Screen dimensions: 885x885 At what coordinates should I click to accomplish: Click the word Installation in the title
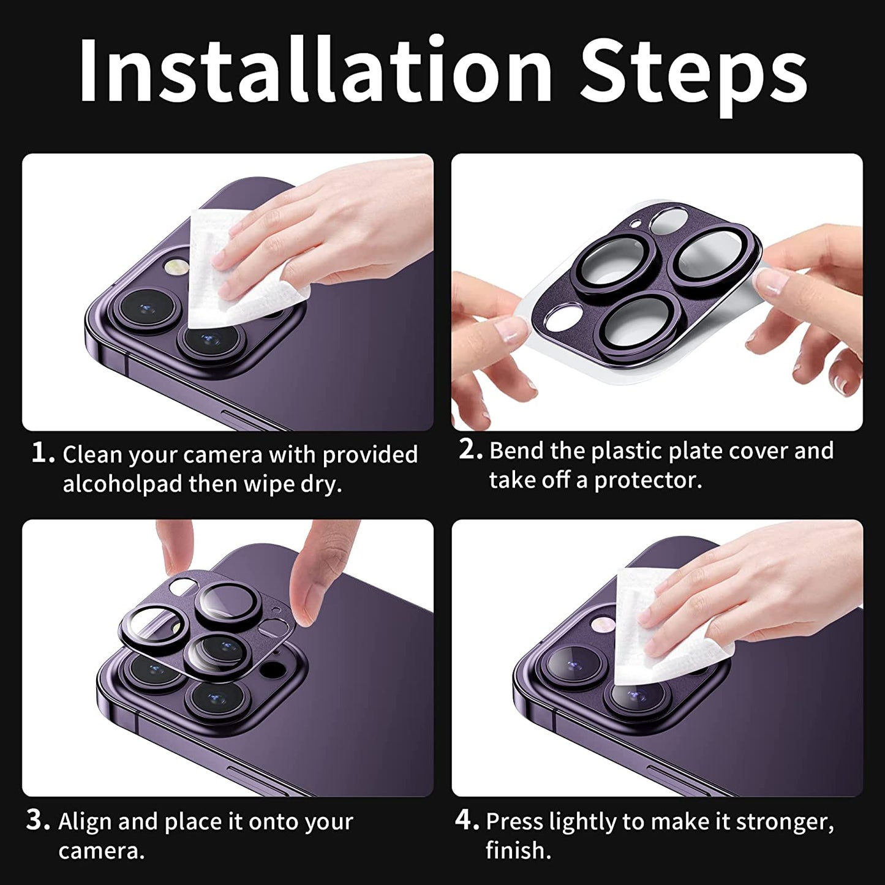(315, 70)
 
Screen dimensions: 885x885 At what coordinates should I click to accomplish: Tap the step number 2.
(470, 450)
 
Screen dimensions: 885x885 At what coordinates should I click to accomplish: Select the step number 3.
(38, 820)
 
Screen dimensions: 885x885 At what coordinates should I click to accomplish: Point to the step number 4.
(467, 820)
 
